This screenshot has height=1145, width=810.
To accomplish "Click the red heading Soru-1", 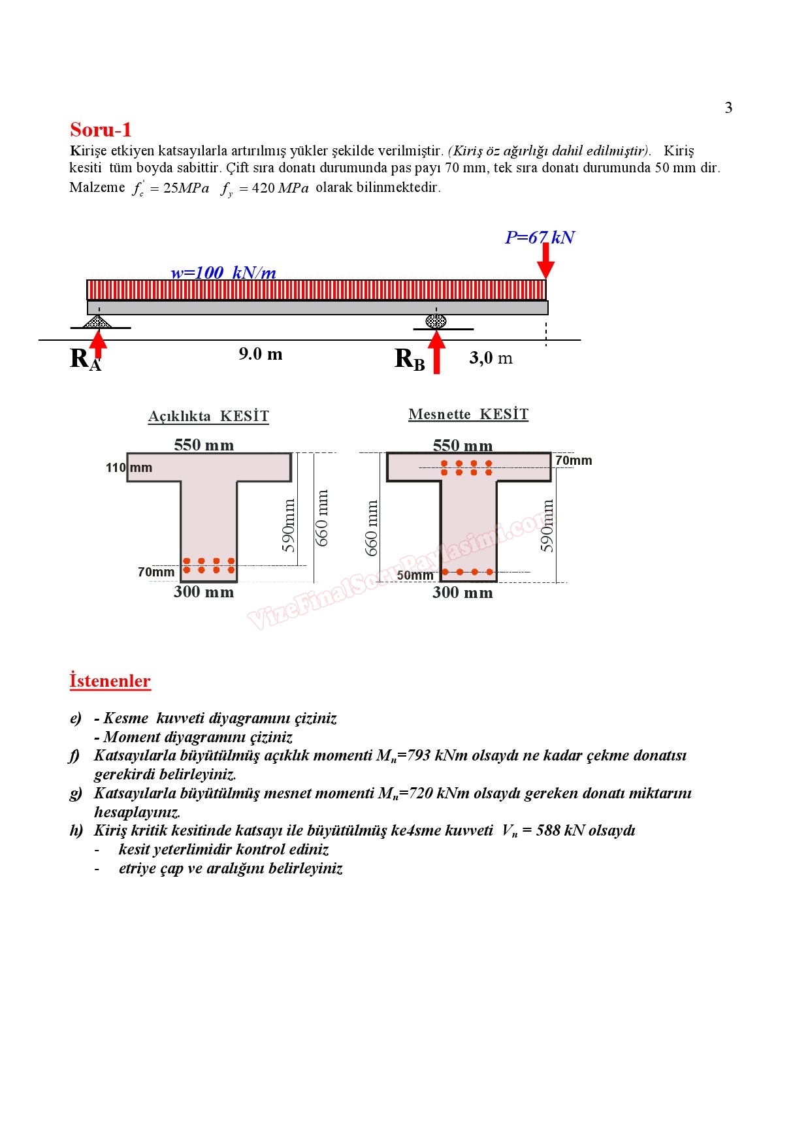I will [101, 129].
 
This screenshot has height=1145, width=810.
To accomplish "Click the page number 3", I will [728, 108].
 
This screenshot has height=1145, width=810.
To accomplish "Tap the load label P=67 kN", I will [539, 238].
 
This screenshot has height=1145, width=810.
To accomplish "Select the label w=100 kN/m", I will [223, 273].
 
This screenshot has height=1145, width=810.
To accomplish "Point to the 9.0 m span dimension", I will [260, 354].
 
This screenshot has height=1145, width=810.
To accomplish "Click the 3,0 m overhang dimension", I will [491, 358].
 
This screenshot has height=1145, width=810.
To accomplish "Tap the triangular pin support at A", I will [98, 321].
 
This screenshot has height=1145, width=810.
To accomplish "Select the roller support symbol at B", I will [436, 321].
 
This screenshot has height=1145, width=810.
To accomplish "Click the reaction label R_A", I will [85, 359].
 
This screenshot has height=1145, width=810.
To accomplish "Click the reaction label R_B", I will [410, 359].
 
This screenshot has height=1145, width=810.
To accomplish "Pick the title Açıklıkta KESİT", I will [208, 416].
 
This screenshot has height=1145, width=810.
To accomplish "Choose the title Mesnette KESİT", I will [468, 415].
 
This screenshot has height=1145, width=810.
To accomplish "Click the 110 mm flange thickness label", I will [129, 467].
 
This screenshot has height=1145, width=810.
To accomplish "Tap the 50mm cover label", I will [415, 575].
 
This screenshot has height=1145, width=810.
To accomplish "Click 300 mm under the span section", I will [204, 592].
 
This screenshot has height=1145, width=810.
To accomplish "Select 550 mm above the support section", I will [462, 446].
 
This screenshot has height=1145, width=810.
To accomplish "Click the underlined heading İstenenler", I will [110, 681].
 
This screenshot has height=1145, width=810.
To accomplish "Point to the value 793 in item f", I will [419, 755].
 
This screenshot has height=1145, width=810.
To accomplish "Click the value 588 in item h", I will [547, 830].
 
